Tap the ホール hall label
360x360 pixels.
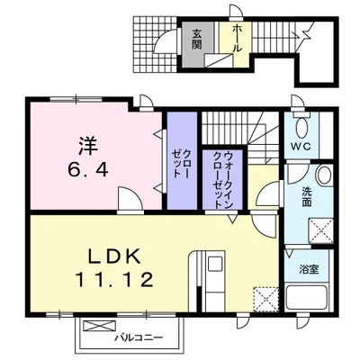coord(238,37)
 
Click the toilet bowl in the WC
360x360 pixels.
coord(303,125)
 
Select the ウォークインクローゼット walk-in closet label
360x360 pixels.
coord(218,180)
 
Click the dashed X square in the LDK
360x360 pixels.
coord(265,296)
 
